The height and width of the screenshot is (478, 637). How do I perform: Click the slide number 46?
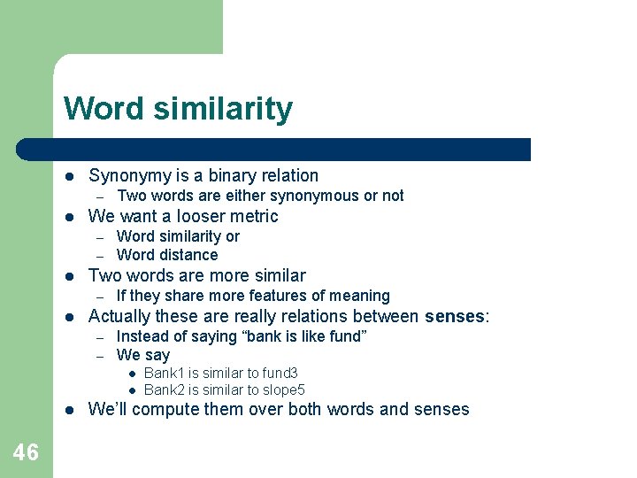click(26, 453)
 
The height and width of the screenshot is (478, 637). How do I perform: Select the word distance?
click(188, 255)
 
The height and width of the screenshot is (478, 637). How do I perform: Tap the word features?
click(272, 296)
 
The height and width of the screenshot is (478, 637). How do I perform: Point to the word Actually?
click(119, 316)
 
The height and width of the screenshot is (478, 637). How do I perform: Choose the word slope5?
click(283, 390)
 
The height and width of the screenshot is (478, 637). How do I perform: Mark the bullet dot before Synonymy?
click(70, 176)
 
